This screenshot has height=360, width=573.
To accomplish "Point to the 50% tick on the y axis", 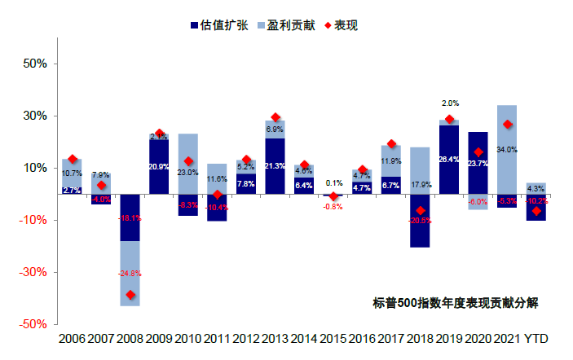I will tap(39, 64).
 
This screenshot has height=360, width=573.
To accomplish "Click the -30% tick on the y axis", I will tap(37, 272).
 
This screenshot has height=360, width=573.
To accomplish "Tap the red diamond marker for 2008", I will tap(130, 295).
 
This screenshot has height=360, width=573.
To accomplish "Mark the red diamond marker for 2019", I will tap(449, 120).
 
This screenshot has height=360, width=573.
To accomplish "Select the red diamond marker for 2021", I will tap(507, 125).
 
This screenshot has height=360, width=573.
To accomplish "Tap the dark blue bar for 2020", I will tap(478, 163).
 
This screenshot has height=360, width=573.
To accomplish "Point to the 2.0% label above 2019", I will tap(450, 103).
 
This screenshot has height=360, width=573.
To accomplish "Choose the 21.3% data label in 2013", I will tap(275, 167).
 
